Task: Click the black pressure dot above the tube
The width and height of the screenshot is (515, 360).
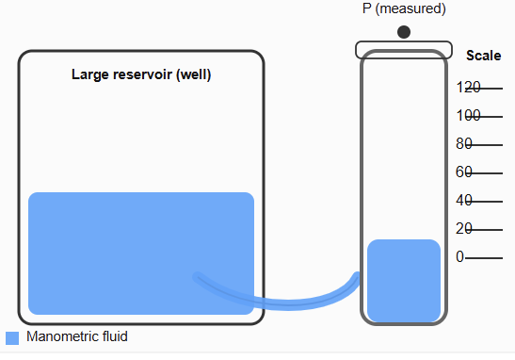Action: pos(404,32)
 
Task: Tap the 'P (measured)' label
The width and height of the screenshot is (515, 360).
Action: pos(404,8)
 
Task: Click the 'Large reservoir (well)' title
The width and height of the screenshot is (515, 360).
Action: pos(141,74)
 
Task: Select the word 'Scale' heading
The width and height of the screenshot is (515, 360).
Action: pos(483,56)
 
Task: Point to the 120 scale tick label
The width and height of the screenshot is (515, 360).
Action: pos(468,88)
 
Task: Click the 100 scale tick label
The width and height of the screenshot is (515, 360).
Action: pos(468,116)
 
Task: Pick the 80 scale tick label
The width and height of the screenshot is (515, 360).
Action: pos(464,144)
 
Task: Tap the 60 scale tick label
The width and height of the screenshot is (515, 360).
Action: pos(464,172)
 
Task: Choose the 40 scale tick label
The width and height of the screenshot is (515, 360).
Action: pos(464,201)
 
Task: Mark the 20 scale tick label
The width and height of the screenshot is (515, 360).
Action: pos(464,229)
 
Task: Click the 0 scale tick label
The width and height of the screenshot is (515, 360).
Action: pos(460,257)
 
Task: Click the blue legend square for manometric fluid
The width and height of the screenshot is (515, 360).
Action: pos(12,337)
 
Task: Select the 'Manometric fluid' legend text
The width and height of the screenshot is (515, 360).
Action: pos(77,336)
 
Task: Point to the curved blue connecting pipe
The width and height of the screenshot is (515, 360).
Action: pos(282,302)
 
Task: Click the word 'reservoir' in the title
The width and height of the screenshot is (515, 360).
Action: pos(140,74)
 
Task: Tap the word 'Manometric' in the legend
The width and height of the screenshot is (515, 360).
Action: pos(59,336)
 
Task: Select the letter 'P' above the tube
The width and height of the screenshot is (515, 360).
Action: pos(367,8)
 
